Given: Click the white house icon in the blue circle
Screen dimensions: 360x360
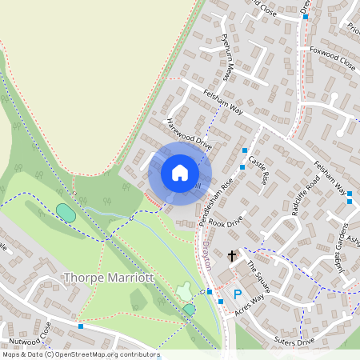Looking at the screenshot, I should (x=180, y=173).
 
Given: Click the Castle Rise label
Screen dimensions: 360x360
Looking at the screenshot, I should (x=257, y=170).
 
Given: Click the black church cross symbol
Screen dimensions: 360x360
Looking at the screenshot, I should (x=233, y=256).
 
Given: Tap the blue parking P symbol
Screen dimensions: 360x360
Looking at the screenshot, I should (x=238, y=294).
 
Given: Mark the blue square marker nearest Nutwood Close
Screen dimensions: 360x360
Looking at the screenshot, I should (x=81, y=326).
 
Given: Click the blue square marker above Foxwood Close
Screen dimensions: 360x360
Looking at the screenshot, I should (x=306, y=15).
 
